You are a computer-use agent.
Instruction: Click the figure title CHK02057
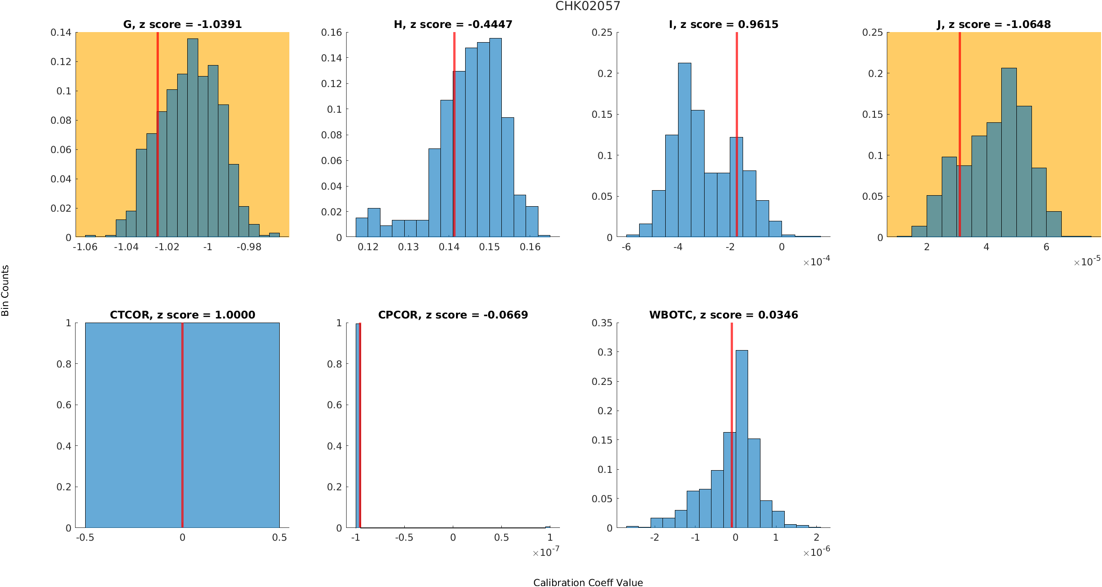coord(587,6)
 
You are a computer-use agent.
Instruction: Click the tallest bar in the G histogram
coord(193,137)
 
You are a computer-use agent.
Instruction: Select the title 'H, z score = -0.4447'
coord(453,24)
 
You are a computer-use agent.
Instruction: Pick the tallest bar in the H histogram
coord(495,137)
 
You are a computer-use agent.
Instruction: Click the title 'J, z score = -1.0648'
coord(993,24)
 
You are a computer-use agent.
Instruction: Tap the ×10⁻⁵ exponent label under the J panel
coord(1087,262)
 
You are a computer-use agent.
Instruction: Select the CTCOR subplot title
coord(182,315)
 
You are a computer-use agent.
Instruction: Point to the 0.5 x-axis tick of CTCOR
coord(279,538)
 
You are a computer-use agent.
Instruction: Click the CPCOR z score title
coord(453,315)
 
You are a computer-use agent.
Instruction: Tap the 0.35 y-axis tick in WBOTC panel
coord(602,323)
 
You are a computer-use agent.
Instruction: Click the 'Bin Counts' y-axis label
coord(5,291)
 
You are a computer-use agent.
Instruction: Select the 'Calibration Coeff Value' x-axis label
coord(588,582)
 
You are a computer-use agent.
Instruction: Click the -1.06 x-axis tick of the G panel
coord(85,247)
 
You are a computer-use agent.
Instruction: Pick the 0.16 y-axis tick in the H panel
coord(331,33)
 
